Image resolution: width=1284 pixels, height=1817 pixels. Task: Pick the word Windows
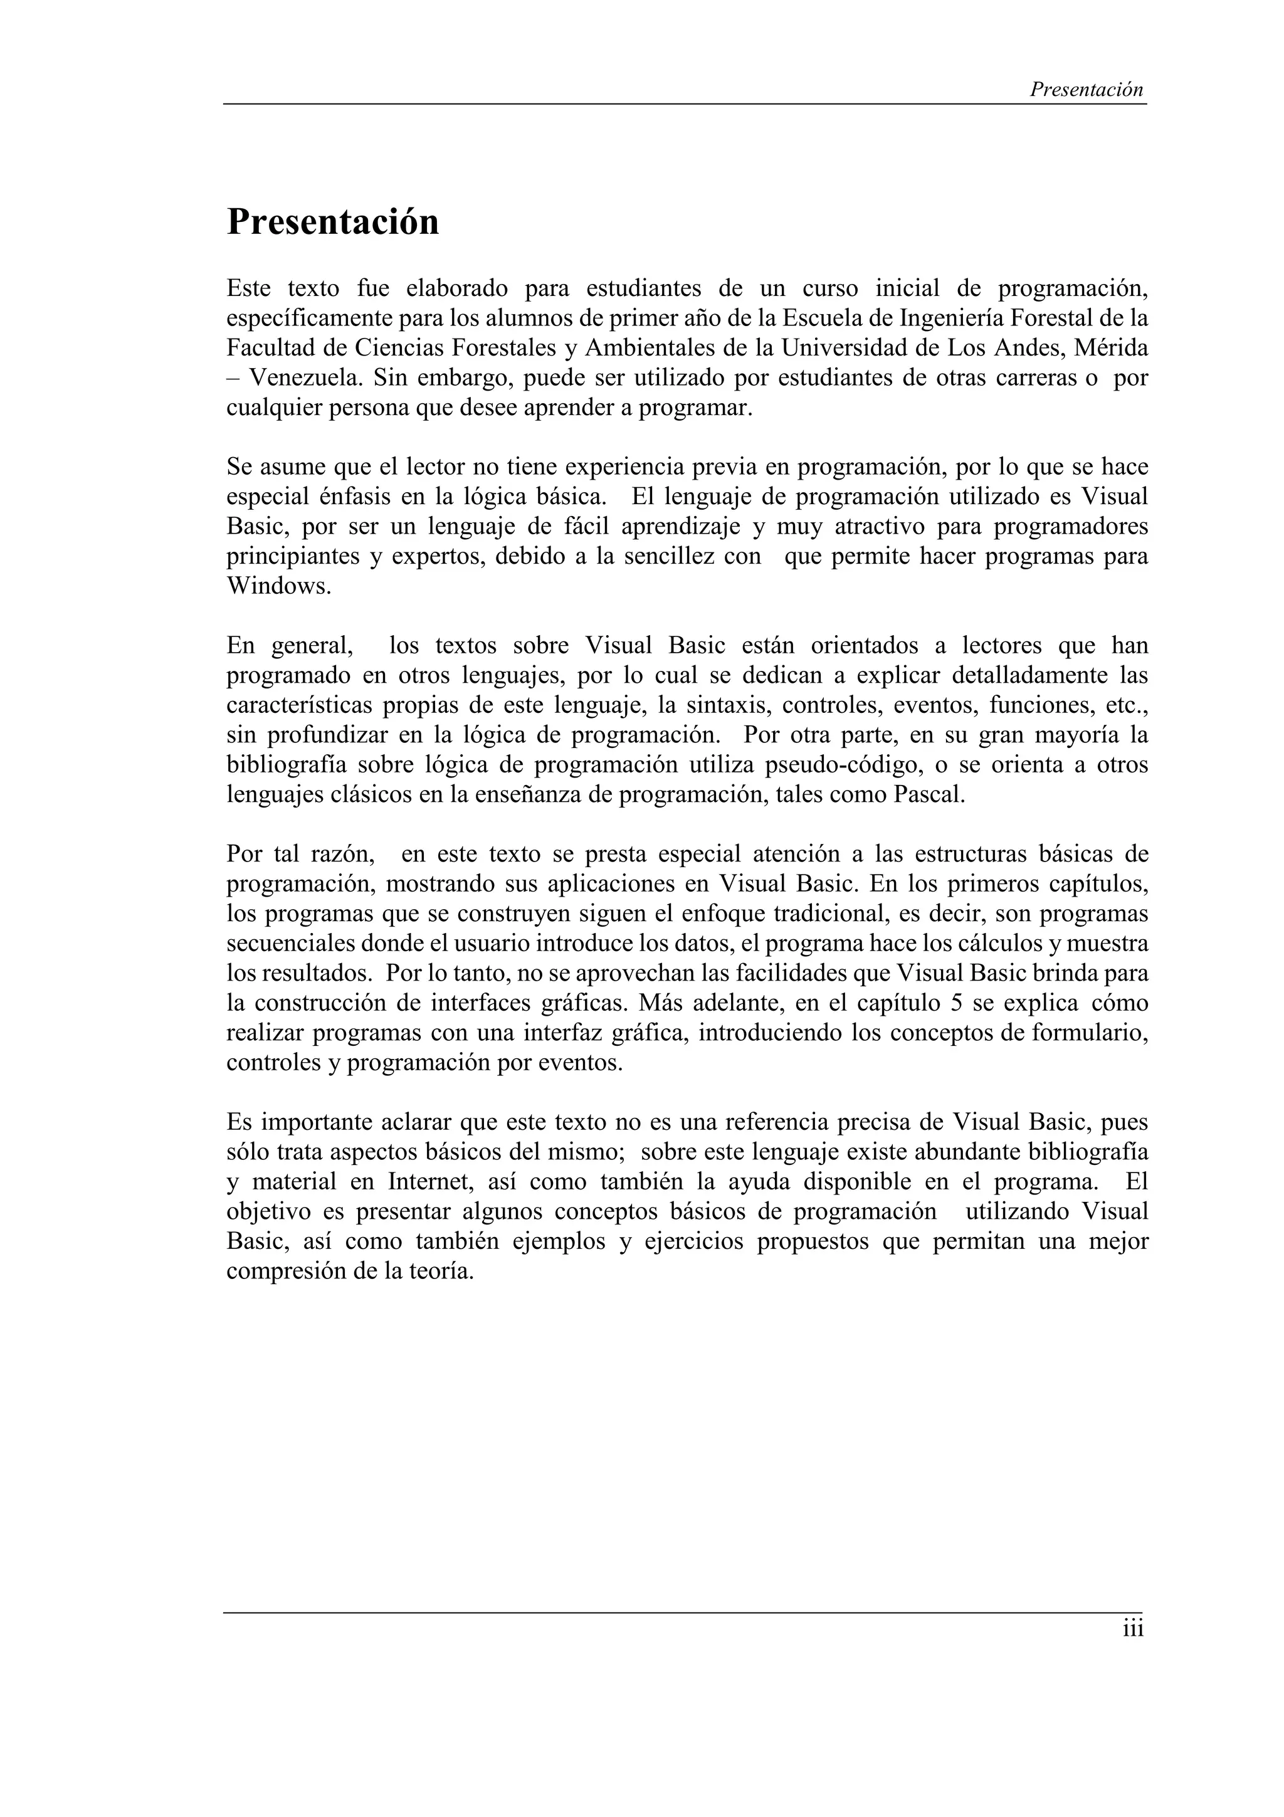click(278, 586)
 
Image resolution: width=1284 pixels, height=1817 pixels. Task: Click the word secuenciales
click(290, 944)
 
